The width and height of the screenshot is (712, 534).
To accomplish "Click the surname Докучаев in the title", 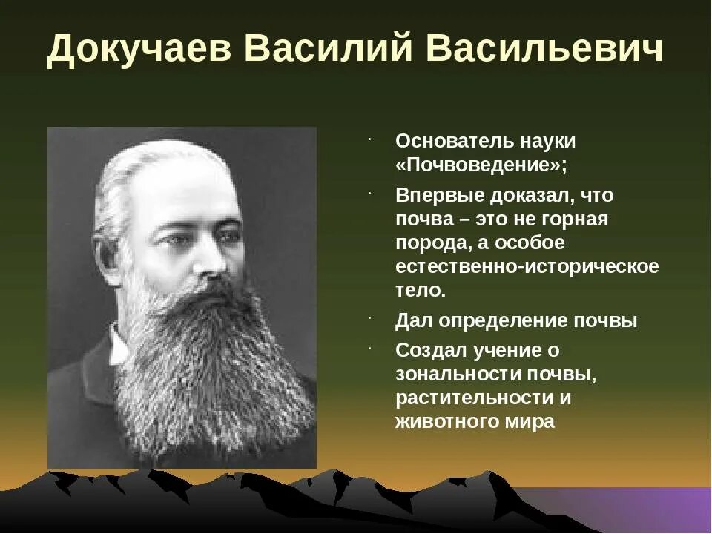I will [x=137, y=50].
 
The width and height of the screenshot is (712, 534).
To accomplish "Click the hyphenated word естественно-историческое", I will [x=527, y=266].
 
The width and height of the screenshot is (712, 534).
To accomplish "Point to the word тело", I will [x=421, y=290].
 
